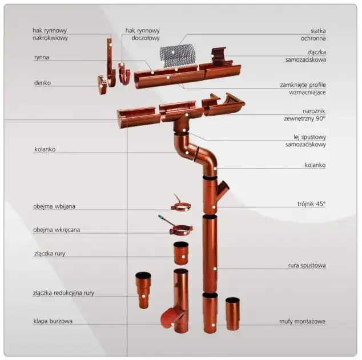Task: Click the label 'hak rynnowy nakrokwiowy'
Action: pyautogui.click(x=50, y=34)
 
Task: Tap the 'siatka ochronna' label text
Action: pyautogui.click(x=313, y=34)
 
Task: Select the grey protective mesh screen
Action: pyautogui.click(x=178, y=55)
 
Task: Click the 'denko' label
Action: pyautogui.click(x=42, y=83)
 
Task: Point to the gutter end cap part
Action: pyautogui.click(x=102, y=85)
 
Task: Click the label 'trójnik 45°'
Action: pyautogui.click(x=311, y=204)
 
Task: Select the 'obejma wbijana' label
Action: pyautogui.click(x=54, y=206)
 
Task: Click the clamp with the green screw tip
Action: pyautogui.click(x=181, y=230)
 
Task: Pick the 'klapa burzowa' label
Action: pyautogui.click(x=53, y=321)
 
